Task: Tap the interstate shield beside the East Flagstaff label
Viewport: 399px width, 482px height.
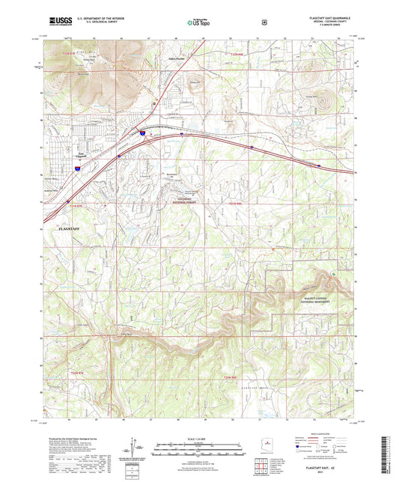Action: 76,169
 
